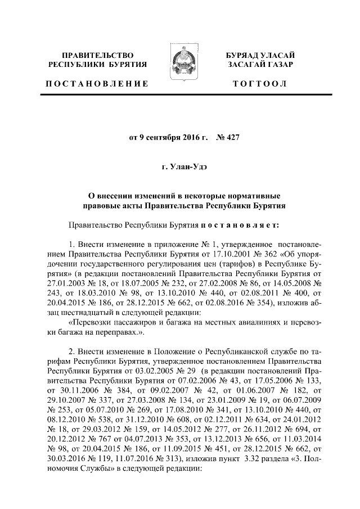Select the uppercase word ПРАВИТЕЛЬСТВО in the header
point(97,55)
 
